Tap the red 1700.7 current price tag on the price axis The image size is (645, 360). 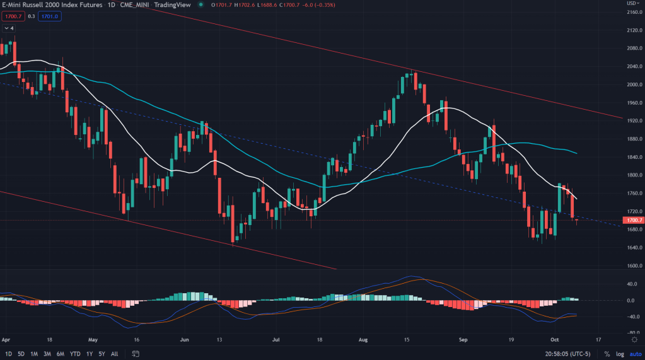point(632,221)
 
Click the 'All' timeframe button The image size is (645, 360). point(115,354)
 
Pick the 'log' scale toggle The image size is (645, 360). point(620,354)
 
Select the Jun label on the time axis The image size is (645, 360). point(185,338)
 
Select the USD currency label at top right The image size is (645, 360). point(632,3)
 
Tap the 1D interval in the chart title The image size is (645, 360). point(108,4)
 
